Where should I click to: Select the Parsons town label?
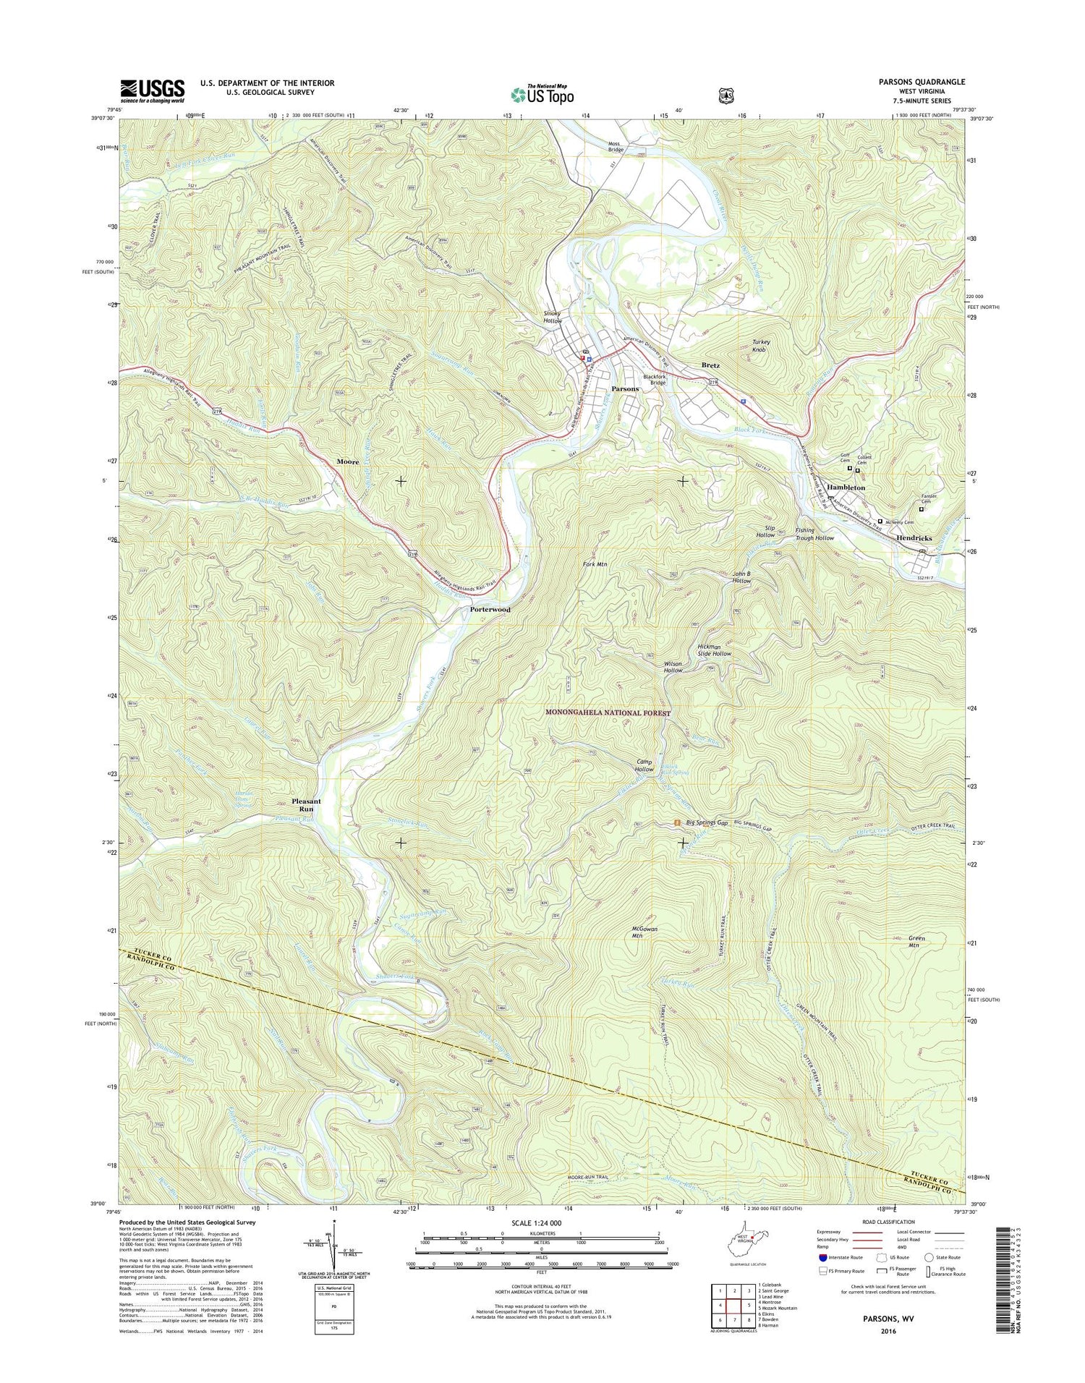(x=625, y=389)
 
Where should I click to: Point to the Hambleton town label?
(x=846, y=488)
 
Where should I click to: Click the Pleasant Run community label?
(x=306, y=805)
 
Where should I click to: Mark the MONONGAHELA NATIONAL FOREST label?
(x=608, y=713)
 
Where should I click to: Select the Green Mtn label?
(x=916, y=942)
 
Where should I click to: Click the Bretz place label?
(x=710, y=366)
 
